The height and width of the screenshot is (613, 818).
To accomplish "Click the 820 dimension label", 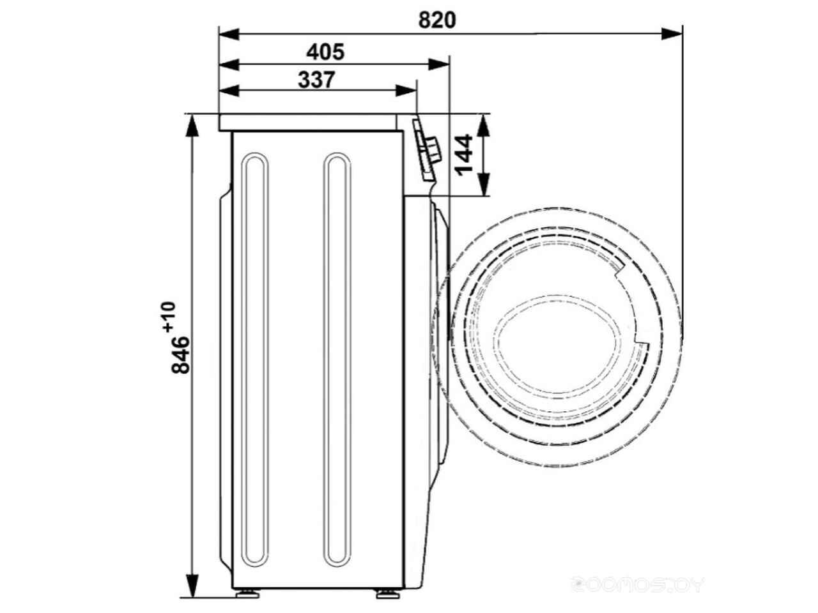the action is click(436, 20).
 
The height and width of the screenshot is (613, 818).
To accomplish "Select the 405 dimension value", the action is click(325, 52).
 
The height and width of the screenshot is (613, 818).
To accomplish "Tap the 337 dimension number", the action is click(316, 80).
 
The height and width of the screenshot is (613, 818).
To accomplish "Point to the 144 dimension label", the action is click(463, 155).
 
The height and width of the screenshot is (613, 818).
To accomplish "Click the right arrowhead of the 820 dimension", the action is click(672, 34).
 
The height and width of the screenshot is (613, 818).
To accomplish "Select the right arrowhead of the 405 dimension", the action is click(438, 64).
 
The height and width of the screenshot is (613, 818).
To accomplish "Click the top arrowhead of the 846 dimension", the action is click(192, 126).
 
